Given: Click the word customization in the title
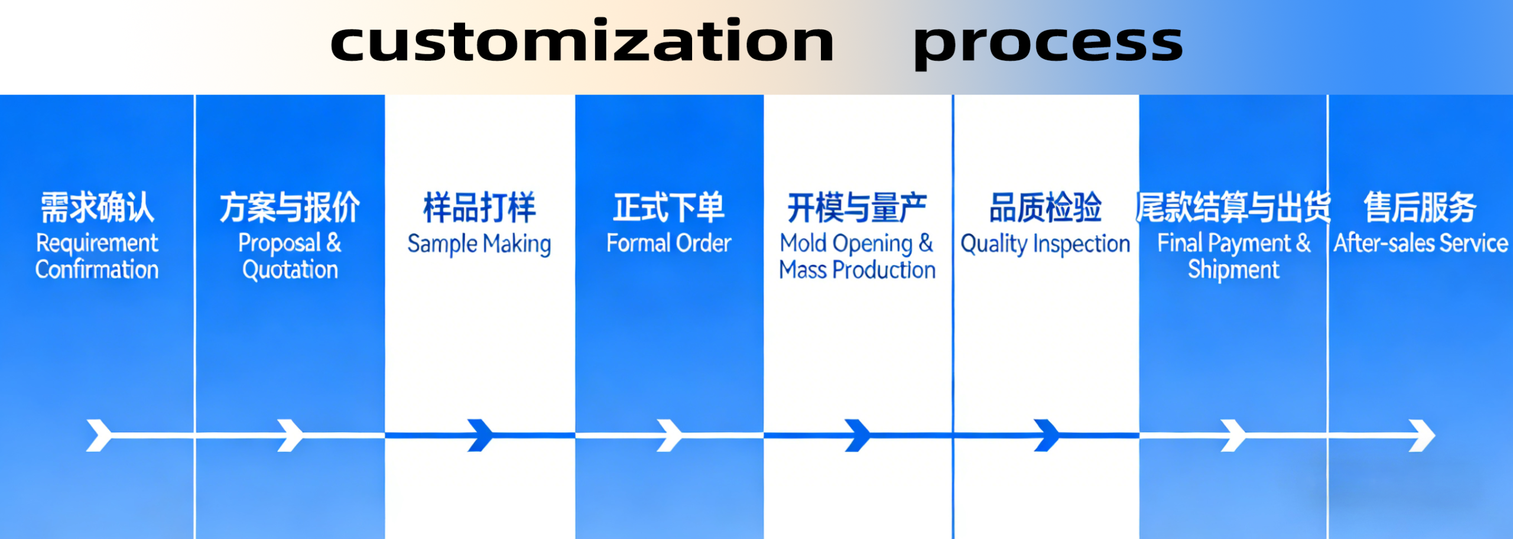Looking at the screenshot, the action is tap(582, 40).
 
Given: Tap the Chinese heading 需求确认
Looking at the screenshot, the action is tap(98, 207).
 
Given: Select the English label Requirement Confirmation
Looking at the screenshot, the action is tap(97, 256).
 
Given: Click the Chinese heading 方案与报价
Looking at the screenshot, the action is tap(290, 207).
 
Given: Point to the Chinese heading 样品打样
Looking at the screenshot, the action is tap(479, 207).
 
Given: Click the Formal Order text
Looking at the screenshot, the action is tap(669, 243).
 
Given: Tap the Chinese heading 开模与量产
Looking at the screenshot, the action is tap(857, 207).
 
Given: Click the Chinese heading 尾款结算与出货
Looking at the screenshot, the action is tap(1233, 207).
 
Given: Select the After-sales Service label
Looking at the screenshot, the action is tap(1421, 243).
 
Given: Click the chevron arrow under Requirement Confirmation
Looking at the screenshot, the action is tap(99, 436).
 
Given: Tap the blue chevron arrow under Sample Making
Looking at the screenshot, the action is tap(480, 436).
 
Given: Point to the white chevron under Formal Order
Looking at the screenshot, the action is tap(670, 436).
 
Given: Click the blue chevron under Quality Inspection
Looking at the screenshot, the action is tap(1047, 436).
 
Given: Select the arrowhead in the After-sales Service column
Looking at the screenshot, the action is tap(1422, 436).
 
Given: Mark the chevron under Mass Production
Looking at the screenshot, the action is tap(858, 436).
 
